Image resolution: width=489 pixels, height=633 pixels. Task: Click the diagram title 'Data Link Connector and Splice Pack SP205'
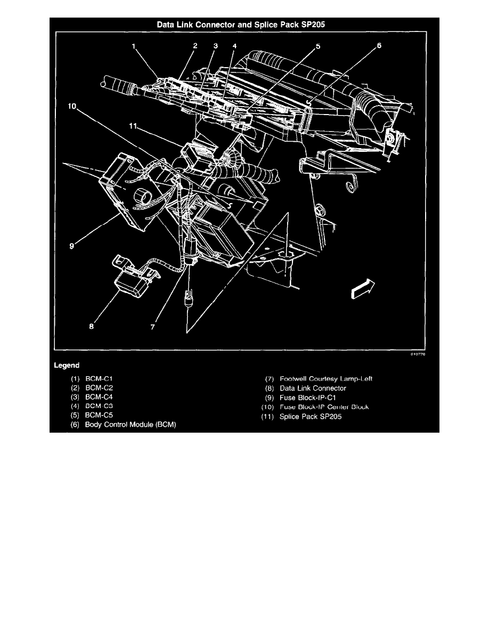[244, 23]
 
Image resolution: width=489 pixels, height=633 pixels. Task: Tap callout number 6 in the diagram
[379, 46]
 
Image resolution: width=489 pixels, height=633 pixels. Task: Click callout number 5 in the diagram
[317, 46]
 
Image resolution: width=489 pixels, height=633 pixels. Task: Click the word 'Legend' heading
[67, 366]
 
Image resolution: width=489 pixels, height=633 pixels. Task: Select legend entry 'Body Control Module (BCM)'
[130, 425]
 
